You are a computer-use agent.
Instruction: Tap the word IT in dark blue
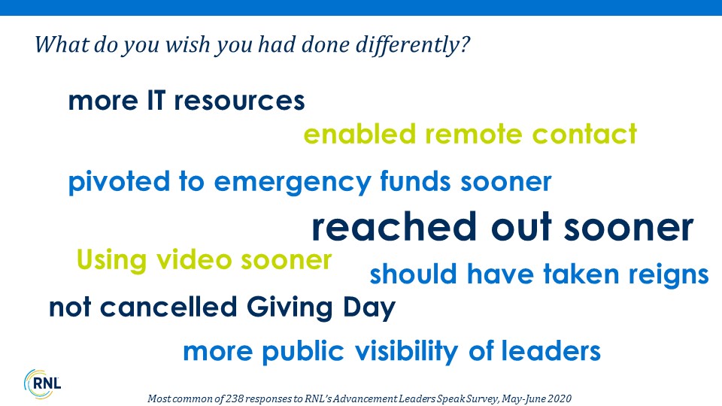pyautogui.click(x=156, y=100)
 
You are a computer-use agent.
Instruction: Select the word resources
pyautogui.click(x=239, y=101)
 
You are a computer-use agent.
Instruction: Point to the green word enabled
pyautogui.click(x=359, y=134)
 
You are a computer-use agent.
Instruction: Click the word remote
pyautogui.click(x=473, y=135)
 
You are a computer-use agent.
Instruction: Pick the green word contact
pyautogui.click(x=584, y=134)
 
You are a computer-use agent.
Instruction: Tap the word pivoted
pyautogui.click(x=119, y=182)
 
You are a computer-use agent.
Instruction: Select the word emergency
pyautogui.click(x=293, y=183)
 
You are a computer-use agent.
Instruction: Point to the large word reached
pyautogui.click(x=394, y=226)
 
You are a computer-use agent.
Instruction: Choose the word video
pyautogui.click(x=194, y=259)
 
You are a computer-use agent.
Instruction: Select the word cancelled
pyautogui.click(x=168, y=307)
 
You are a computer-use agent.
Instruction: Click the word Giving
pyautogui.click(x=290, y=308)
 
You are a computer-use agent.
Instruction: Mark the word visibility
pyautogui.click(x=407, y=352)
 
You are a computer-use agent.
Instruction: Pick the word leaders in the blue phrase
pyautogui.click(x=551, y=351)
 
